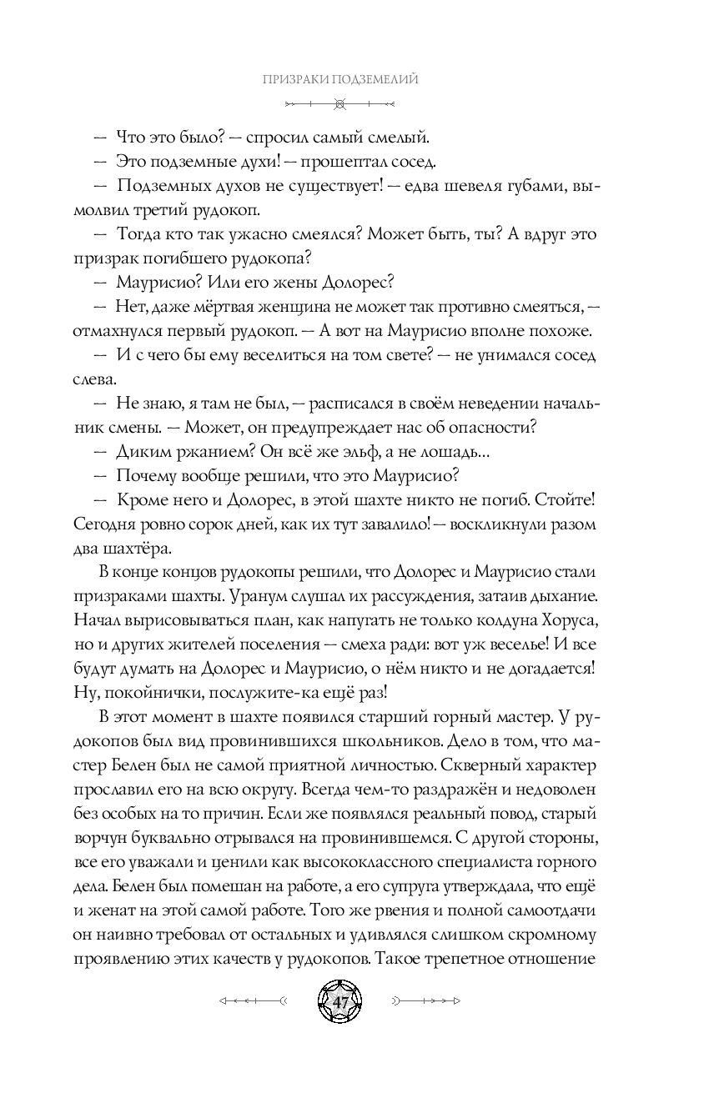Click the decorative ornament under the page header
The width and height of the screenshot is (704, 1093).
[339, 104]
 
